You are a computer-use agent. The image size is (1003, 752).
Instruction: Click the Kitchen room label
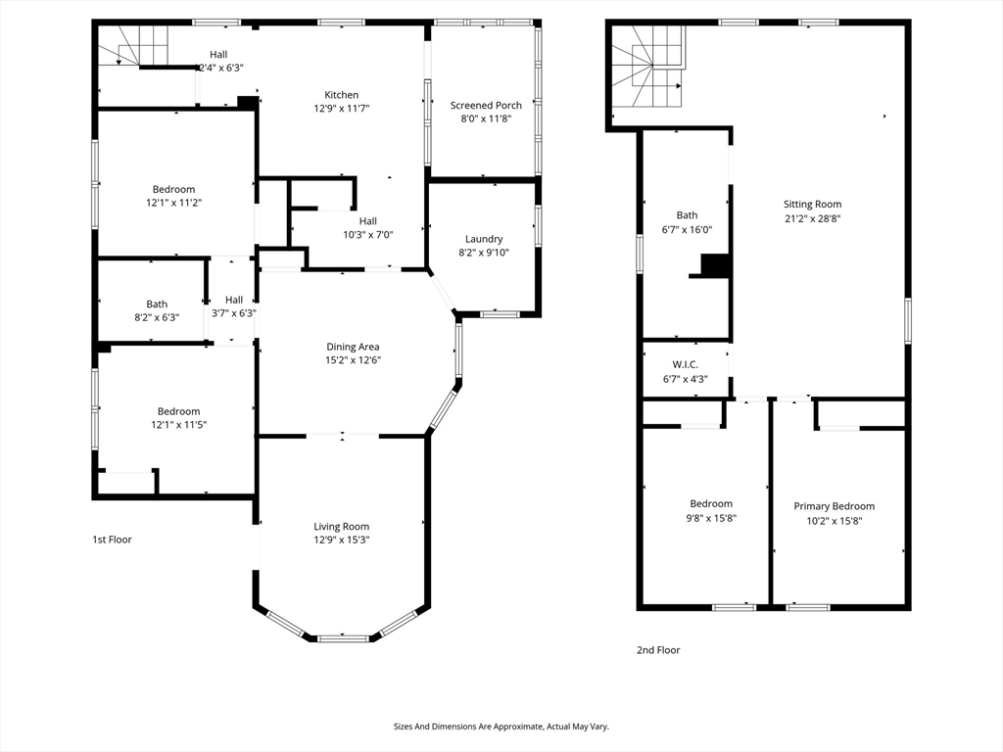[x=342, y=95]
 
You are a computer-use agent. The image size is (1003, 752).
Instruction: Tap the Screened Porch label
[x=486, y=105]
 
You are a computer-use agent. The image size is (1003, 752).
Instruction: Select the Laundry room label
[x=484, y=239]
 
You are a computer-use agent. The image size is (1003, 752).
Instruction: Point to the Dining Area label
[x=353, y=347]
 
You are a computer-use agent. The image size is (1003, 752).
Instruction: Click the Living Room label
[x=342, y=526]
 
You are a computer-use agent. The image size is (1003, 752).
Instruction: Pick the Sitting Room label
[x=812, y=204]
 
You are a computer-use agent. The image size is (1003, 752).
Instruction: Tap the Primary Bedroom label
[x=835, y=506]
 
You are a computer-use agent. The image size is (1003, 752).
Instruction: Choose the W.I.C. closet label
[x=685, y=364]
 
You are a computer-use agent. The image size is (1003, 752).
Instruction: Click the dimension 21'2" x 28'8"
[x=812, y=218]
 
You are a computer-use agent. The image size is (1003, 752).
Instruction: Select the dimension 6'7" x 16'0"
[x=687, y=229]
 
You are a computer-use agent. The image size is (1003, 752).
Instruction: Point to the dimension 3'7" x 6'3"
[x=234, y=313]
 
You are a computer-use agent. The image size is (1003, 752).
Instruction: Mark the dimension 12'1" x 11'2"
[x=174, y=203]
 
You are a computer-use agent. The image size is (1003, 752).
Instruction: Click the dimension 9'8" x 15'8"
[x=711, y=518]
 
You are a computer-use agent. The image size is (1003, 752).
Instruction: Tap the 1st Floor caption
[x=112, y=540]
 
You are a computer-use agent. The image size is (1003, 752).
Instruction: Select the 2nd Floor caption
[x=658, y=650]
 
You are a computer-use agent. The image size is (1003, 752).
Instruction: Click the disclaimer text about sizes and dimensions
[x=501, y=727]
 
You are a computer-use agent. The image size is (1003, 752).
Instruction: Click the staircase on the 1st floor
[x=133, y=45]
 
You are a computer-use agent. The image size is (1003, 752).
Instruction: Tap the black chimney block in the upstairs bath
[x=715, y=265]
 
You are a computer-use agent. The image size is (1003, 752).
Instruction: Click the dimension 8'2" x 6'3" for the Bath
[x=157, y=317]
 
